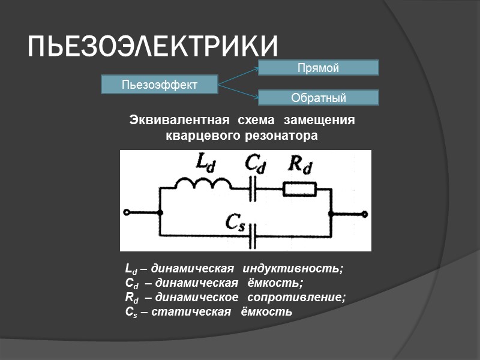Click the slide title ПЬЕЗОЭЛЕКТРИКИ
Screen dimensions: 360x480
(154, 46)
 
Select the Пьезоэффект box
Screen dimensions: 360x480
(160, 84)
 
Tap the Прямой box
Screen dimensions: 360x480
(318, 68)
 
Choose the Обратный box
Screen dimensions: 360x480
(318, 98)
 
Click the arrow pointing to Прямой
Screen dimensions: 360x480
(238, 75)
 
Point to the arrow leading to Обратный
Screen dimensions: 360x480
(238, 91)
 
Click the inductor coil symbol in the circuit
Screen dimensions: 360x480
(203, 184)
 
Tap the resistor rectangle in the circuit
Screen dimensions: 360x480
(299, 189)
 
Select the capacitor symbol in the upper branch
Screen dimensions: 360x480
(257, 189)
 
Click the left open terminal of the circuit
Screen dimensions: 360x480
(127, 212)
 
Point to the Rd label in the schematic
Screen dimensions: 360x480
(300, 164)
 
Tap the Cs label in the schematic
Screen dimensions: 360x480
(235, 221)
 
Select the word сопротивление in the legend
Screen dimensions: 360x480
(306, 297)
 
